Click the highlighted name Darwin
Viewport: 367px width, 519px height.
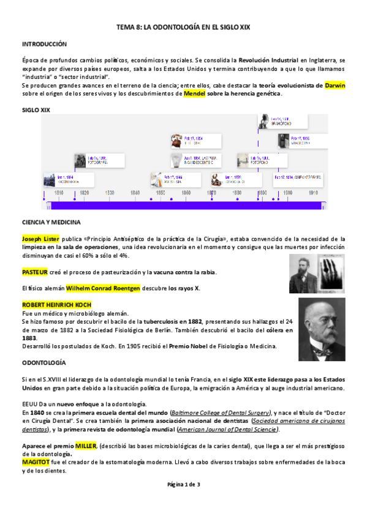335,86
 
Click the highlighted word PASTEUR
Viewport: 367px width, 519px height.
34,272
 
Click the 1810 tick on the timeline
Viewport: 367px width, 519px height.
59,193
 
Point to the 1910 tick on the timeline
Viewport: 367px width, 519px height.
312,193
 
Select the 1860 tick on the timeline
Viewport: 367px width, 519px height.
186,193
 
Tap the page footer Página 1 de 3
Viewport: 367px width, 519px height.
183,485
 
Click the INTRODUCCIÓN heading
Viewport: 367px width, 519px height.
44,44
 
